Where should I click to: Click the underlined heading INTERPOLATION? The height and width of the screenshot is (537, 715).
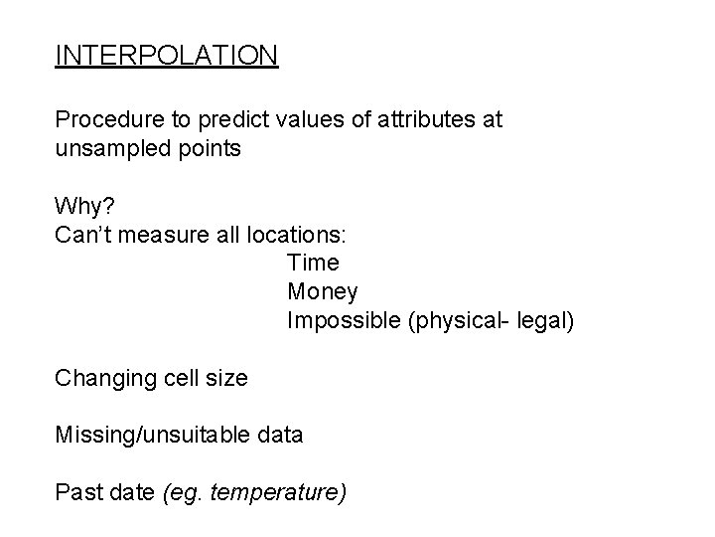(x=167, y=55)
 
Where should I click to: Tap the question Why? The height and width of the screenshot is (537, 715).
(x=85, y=207)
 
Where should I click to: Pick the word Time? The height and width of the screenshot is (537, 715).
(x=313, y=264)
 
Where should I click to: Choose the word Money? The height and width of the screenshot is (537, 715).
(x=323, y=292)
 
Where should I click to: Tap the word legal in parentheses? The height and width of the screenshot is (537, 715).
(x=541, y=321)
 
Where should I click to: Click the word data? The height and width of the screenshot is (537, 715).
(x=280, y=435)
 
